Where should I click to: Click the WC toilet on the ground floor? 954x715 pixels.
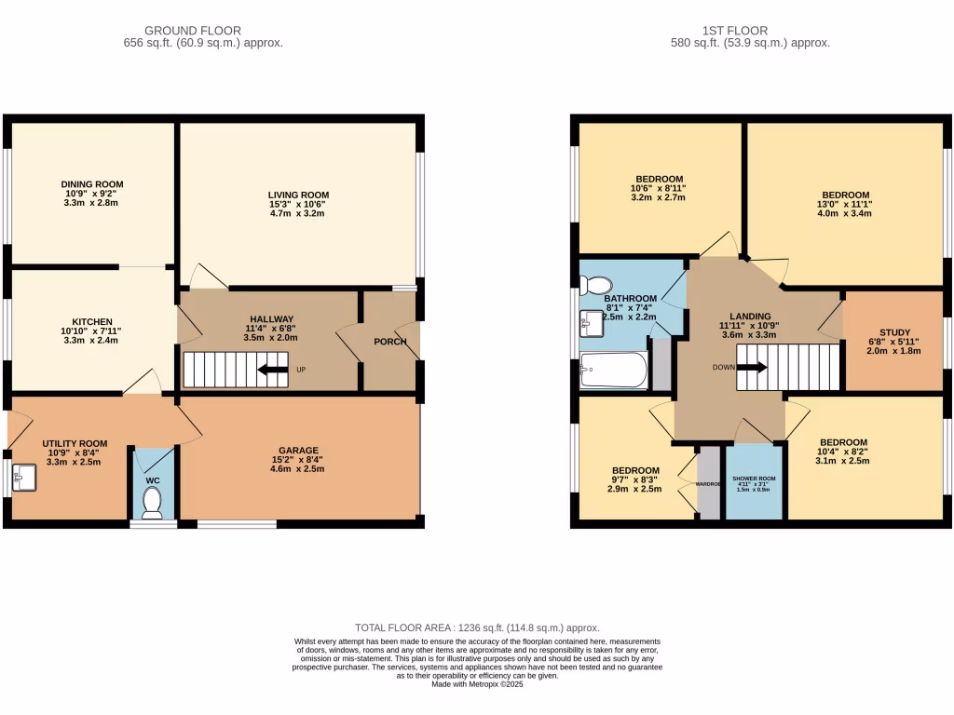tap(153, 503)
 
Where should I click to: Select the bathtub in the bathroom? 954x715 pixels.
tap(613, 371)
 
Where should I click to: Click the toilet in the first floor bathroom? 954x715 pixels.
tap(596, 284)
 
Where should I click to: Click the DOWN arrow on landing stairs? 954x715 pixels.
tap(752, 367)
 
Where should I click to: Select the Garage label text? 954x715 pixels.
tap(298, 448)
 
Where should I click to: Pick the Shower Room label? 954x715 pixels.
tap(754, 478)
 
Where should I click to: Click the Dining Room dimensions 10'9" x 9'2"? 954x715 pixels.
tap(92, 194)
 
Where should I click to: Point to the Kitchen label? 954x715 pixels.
tap(92, 320)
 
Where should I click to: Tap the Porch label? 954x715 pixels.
tap(389, 342)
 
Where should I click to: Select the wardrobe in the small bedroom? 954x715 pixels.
tap(709, 484)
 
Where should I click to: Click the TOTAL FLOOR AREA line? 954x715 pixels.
tap(477, 628)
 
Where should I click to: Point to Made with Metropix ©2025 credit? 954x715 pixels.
tap(477, 683)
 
